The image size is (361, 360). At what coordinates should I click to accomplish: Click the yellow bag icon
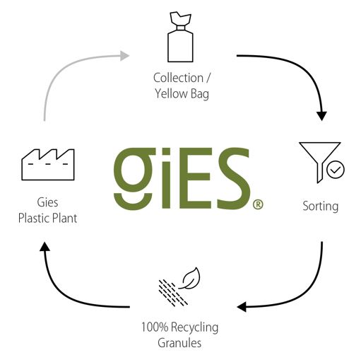(x=180, y=37)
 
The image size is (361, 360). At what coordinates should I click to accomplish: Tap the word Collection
(x=178, y=78)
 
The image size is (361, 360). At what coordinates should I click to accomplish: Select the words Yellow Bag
(x=182, y=94)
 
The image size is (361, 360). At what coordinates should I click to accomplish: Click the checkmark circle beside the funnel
(x=336, y=170)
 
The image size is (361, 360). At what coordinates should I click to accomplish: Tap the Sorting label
(x=321, y=207)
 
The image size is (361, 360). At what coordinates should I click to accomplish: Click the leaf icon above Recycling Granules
(x=191, y=278)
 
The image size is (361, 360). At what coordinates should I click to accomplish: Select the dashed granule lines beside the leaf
(x=172, y=293)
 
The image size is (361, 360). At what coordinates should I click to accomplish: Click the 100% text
(x=155, y=327)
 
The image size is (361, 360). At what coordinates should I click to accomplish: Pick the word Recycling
(x=195, y=327)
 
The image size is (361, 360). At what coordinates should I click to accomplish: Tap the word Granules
(x=179, y=343)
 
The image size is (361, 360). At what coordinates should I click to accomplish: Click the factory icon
(x=48, y=165)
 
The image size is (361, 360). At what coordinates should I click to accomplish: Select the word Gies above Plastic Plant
(x=47, y=202)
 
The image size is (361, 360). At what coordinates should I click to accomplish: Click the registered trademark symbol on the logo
(x=258, y=204)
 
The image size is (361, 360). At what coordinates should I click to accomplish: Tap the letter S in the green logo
(x=233, y=178)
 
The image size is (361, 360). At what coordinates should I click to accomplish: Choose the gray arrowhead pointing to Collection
(x=124, y=56)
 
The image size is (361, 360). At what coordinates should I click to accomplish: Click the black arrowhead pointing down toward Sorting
(x=321, y=115)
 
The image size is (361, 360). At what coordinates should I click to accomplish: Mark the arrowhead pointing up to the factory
(x=45, y=247)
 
